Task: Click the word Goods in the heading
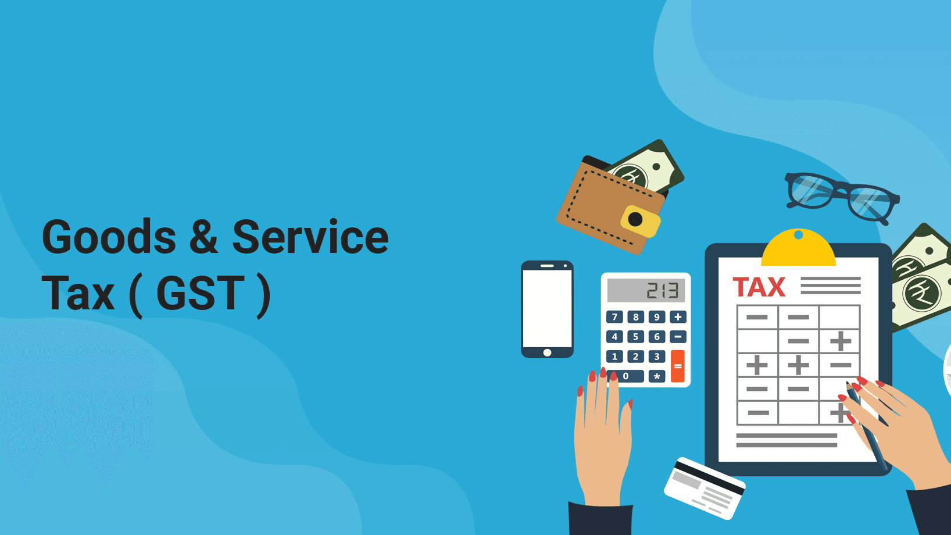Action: coord(109,237)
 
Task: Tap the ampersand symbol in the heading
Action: coord(203,237)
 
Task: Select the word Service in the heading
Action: coord(310,237)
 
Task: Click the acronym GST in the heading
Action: coord(201,293)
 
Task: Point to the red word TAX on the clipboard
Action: coord(759,287)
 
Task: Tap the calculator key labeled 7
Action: coord(614,317)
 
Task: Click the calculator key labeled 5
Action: coord(635,337)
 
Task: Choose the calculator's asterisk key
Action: coord(657,376)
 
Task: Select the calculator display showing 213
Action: coord(646,290)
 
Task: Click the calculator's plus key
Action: coord(678,317)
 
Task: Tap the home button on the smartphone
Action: coord(547,352)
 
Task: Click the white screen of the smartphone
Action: coord(547,309)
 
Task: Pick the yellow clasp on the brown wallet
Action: coord(640,221)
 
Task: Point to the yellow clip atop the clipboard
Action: coord(799,248)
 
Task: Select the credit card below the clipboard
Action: coord(705,488)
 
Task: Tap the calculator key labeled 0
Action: coord(625,376)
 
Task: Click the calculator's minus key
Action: coord(678,337)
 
